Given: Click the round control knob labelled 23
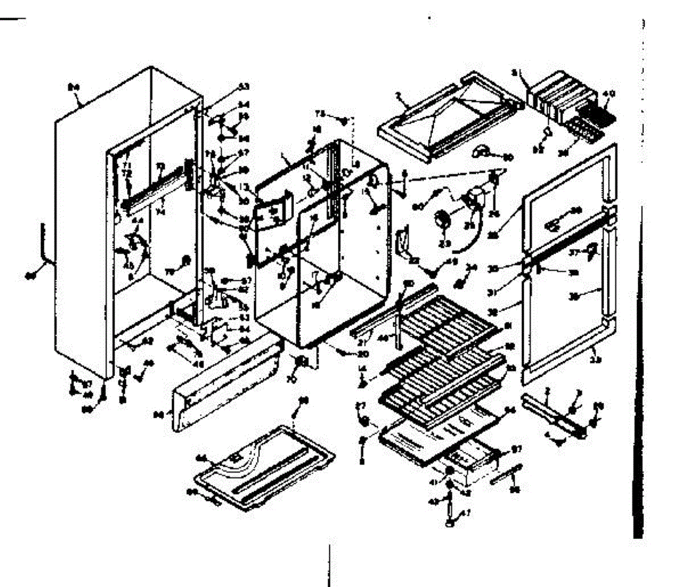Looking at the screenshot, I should click(x=443, y=219).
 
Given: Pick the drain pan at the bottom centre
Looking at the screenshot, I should click(x=259, y=465).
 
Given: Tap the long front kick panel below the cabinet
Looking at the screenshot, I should click(x=225, y=387).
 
